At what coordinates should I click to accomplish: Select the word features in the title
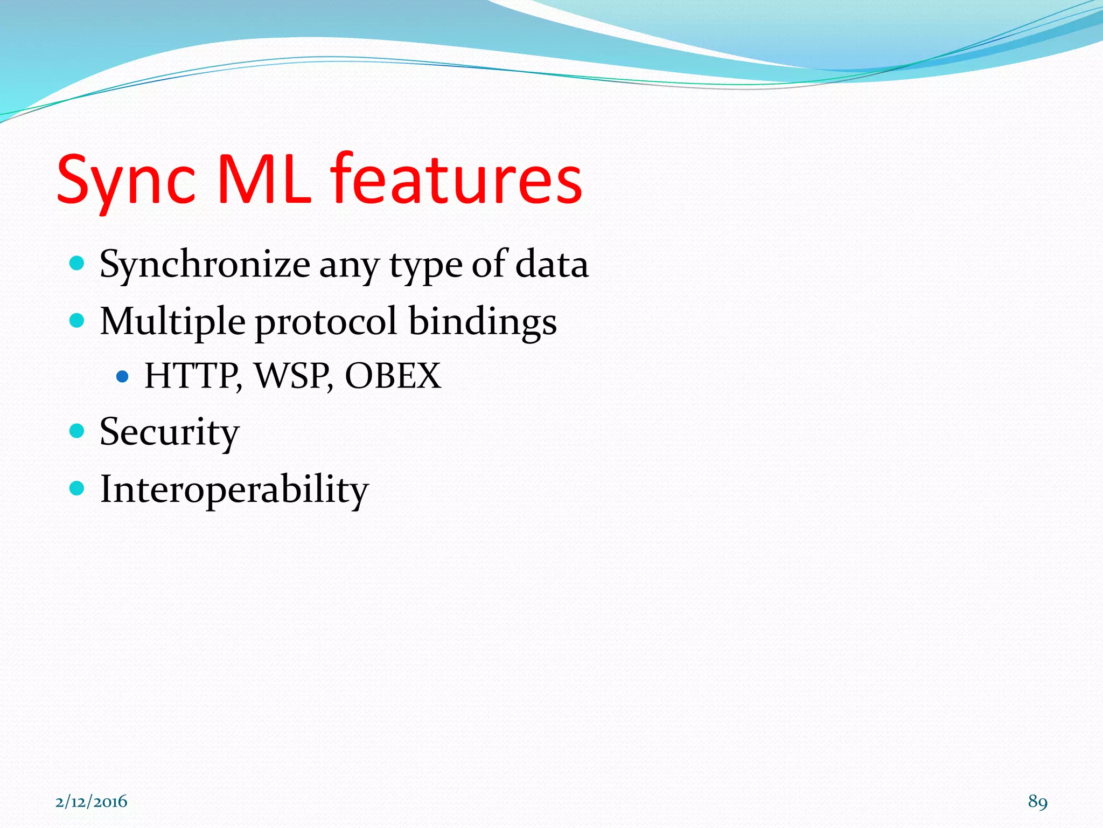click(456, 180)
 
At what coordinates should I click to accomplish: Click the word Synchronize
click(205, 265)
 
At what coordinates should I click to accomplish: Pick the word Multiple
click(173, 322)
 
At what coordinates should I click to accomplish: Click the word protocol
click(326, 322)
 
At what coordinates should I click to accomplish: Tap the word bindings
click(483, 322)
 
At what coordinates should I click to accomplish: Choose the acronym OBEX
click(393, 376)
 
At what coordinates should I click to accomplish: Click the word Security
click(169, 433)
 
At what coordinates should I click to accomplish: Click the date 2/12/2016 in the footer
click(91, 802)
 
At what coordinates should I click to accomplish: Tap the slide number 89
click(1037, 802)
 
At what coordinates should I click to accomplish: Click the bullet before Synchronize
click(78, 264)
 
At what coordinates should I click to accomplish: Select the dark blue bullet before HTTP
click(123, 376)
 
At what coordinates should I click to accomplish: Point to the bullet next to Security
click(78, 431)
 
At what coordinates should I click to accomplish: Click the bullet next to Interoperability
click(78, 488)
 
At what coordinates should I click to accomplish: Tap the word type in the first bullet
click(425, 265)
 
